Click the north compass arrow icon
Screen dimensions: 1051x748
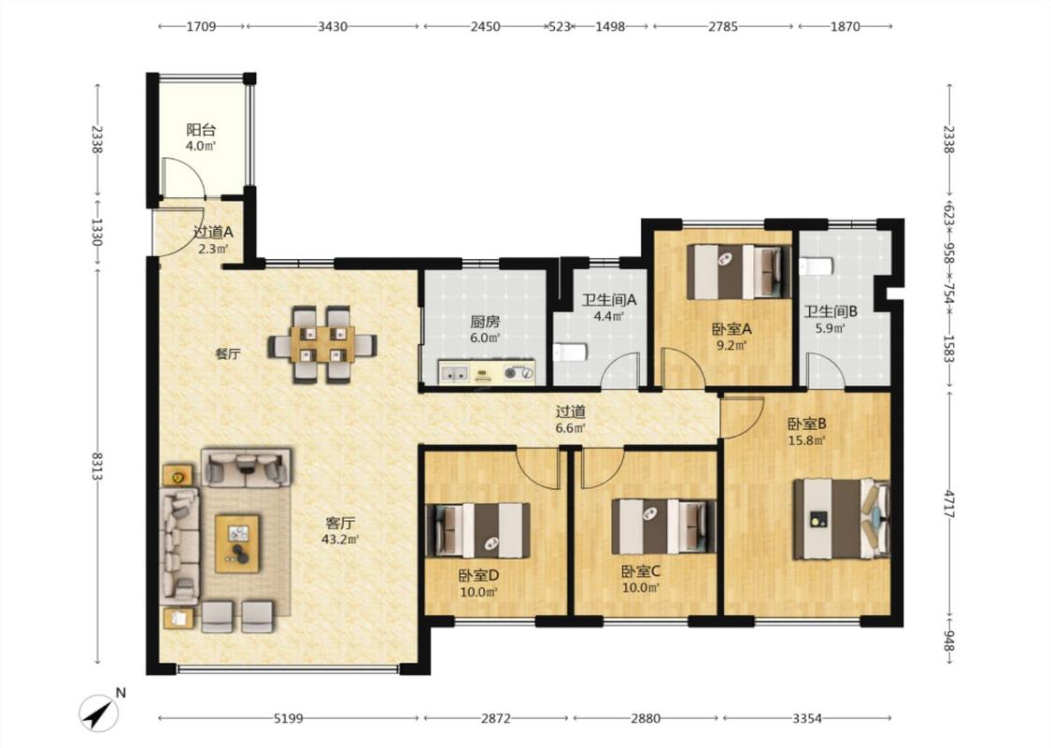click(98, 713)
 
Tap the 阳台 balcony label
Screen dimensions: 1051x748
click(201, 130)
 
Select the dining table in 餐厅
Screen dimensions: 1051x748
click(322, 345)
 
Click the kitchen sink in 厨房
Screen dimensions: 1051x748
click(454, 373)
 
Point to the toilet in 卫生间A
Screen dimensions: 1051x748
click(570, 352)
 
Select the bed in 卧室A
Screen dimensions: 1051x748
click(739, 272)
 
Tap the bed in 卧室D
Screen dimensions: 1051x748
click(478, 531)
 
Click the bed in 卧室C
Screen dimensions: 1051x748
click(663, 526)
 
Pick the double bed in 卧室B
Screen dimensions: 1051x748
click(842, 519)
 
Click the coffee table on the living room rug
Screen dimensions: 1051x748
click(237, 543)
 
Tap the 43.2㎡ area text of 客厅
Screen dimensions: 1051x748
click(340, 539)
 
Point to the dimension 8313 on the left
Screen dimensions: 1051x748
click(98, 467)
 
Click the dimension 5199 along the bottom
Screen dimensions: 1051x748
click(289, 718)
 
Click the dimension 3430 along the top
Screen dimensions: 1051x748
click(333, 27)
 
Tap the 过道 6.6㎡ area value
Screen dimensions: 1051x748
click(571, 428)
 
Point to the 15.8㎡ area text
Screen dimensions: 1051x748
click(806, 440)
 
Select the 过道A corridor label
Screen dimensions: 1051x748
click(213, 232)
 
